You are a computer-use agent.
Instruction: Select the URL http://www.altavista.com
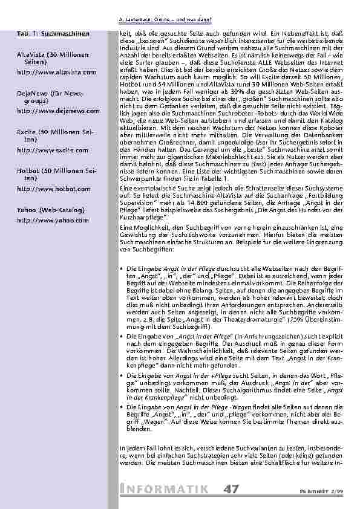tap(57, 72)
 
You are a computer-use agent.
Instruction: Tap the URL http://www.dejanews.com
tap(58, 111)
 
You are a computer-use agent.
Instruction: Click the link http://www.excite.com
tap(53, 150)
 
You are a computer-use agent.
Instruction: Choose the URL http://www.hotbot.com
tap(54, 189)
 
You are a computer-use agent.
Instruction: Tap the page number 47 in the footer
tap(230, 488)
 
